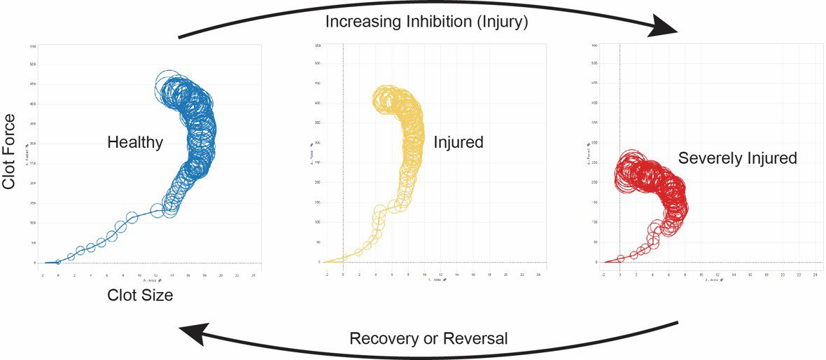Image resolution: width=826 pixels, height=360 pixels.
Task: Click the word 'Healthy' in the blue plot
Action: pyautogui.click(x=135, y=143)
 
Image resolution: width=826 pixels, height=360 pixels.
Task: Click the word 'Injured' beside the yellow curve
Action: pyautogui.click(x=458, y=143)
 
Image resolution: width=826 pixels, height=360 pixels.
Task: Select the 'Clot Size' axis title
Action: pyautogui.click(x=140, y=295)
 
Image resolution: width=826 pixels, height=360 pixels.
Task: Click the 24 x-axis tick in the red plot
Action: pyautogui.click(x=815, y=276)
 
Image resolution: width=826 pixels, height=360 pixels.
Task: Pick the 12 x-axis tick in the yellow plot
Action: pyautogui.click(x=440, y=275)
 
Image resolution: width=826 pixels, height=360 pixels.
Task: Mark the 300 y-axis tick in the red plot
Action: pyautogui.click(x=594, y=143)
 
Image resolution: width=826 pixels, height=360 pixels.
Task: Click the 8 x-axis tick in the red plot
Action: pyautogui.click(x=685, y=276)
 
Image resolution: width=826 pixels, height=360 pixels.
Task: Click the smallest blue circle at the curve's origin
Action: pyautogui.click(x=58, y=262)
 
